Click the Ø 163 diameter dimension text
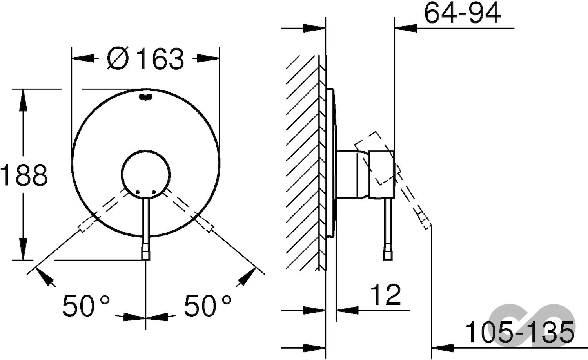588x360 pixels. click(145, 59)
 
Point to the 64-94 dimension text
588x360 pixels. click(463, 14)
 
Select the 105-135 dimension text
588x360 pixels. click(519, 332)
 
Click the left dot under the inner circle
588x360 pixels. click(138, 192)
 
